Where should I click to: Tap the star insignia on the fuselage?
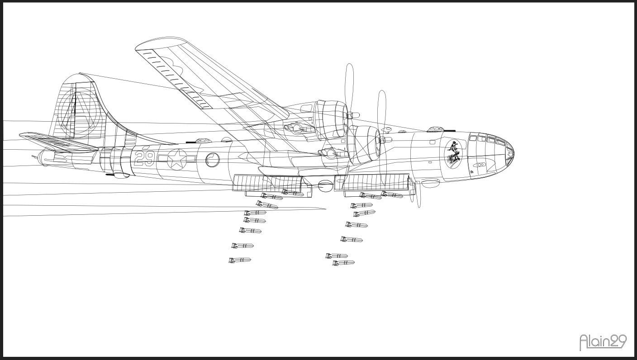point(177,160)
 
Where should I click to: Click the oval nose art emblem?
point(453,154)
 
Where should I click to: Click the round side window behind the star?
point(212,160)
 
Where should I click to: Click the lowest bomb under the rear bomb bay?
point(239,260)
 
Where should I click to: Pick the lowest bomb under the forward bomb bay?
point(343,263)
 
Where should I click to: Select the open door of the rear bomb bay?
point(267,183)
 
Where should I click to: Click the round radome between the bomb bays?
point(325,185)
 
